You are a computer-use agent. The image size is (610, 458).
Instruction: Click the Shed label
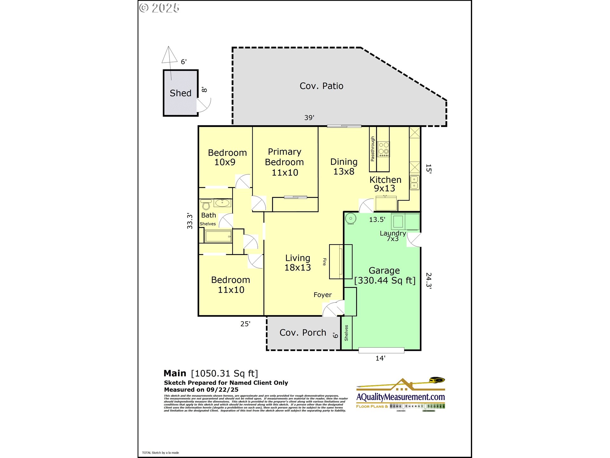point(180,93)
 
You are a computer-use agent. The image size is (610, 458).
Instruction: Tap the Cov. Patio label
point(321,86)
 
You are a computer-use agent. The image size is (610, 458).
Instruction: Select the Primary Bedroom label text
point(284,162)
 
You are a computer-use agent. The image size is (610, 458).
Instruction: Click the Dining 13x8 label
point(344,166)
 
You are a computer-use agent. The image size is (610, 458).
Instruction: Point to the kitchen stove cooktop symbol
point(383,149)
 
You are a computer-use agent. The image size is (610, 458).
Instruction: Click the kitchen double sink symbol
point(414,182)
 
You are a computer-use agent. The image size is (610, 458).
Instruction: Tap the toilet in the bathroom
point(206,204)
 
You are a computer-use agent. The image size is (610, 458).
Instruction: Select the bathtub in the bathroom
point(218,236)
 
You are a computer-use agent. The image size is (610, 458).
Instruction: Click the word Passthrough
point(373,149)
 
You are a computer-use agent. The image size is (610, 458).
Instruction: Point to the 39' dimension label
point(309,118)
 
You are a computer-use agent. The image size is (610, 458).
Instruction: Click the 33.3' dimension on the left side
point(190,221)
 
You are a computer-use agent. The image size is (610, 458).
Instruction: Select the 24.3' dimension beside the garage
point(429,280)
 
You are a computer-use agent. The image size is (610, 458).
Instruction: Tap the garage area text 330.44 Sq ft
point(385,281)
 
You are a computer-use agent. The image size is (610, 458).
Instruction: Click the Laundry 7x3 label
point(393,236)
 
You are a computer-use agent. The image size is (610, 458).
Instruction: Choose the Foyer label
point(322,295)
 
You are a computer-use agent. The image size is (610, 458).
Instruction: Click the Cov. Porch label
point(303,333)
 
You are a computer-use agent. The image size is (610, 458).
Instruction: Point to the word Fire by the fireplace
point(324,262)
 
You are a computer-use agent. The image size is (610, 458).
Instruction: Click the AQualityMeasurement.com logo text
point(400,397)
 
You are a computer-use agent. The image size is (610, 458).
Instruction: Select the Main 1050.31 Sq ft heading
point(211,373)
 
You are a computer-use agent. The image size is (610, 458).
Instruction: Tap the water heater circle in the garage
point(350,219)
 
